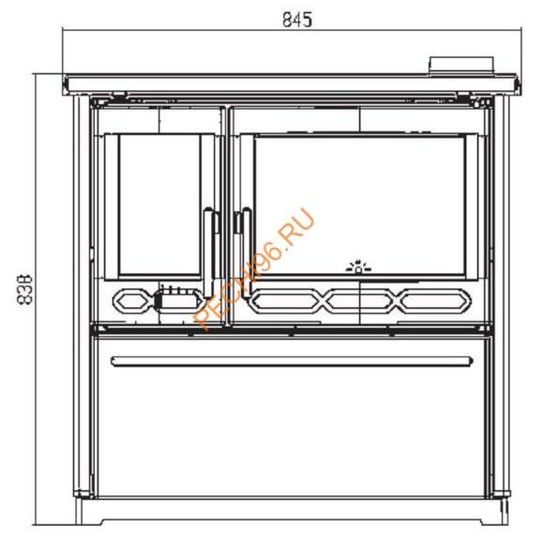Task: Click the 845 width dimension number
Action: point(295,18)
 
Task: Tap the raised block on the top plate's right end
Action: point(461,65)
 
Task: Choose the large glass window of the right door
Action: point(360,204)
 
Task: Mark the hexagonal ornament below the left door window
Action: point(130,301)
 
